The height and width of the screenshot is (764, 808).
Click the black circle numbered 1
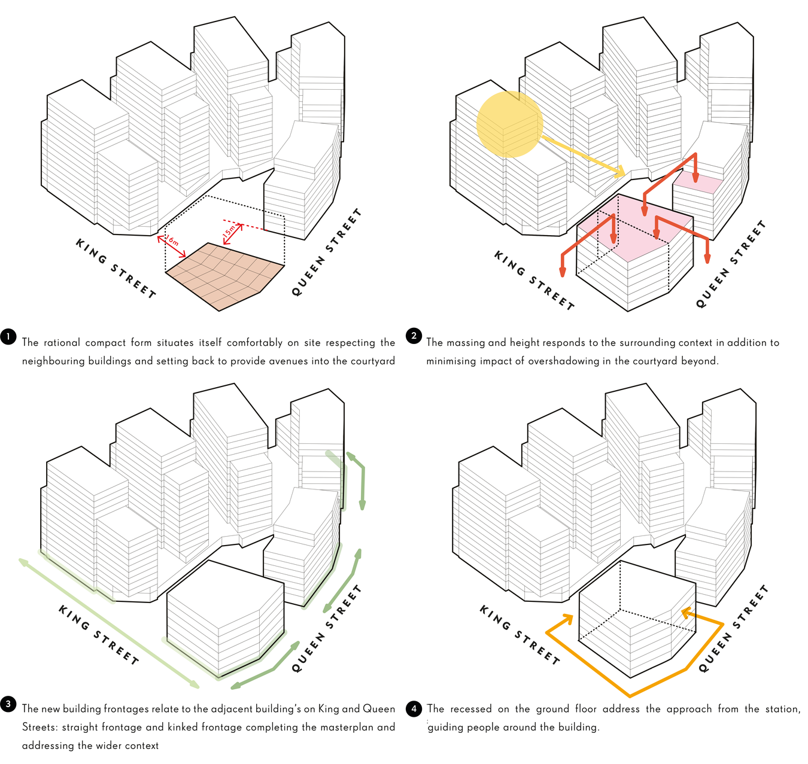tap(8, 337)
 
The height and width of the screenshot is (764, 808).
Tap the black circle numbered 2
tap(414, 336)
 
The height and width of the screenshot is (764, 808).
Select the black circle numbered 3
tap(8, 704)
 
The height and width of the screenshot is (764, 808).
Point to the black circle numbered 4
tap(414, 710)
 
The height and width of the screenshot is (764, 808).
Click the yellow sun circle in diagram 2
tap(509, 124)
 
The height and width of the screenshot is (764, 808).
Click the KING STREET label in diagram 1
tap(116, 269)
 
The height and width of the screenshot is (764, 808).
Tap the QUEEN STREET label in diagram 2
tap(731, 264)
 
